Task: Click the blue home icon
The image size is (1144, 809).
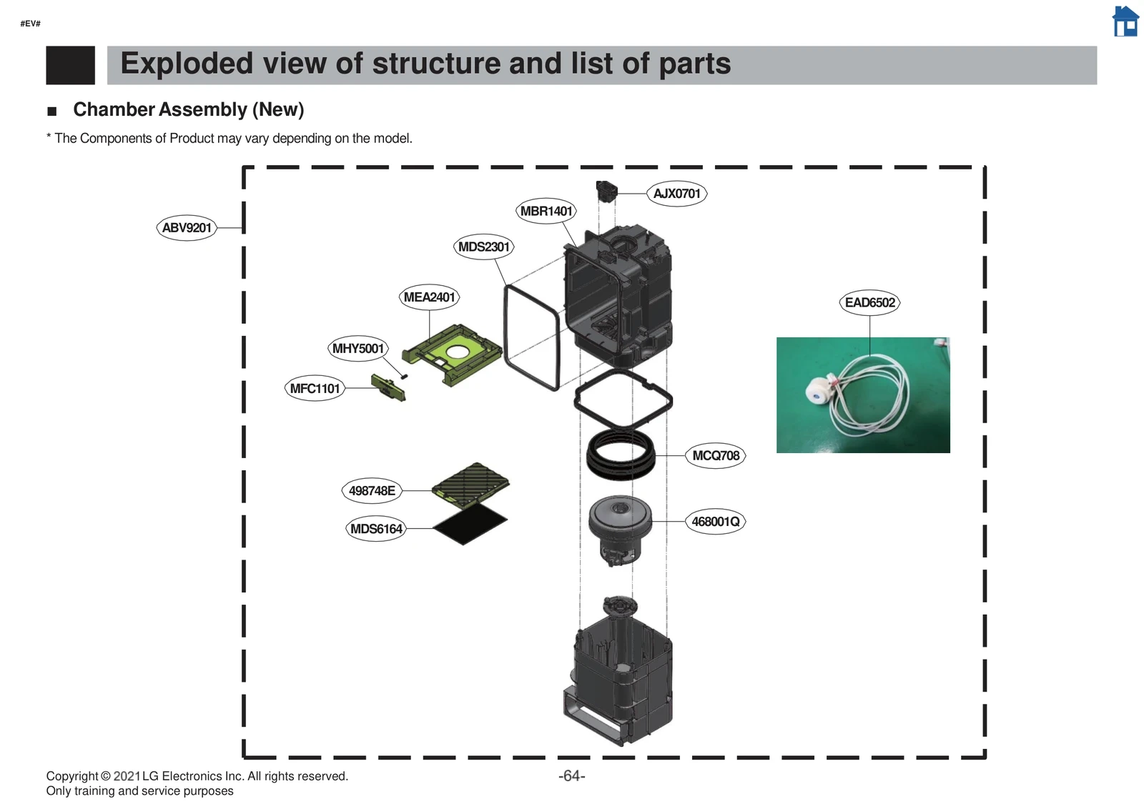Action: pos(1125,21)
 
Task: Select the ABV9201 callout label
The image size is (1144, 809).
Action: pos(187,228)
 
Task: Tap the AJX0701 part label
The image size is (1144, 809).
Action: pos(676,194)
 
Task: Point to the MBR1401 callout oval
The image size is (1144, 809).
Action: pos(546,211)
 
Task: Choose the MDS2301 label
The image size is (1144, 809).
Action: pos(484,247)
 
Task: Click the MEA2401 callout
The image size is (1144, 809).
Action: pos(429,297)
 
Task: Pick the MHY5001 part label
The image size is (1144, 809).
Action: pos(358,349)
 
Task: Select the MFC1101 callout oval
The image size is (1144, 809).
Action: pos(315,389)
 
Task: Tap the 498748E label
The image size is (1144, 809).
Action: pos(372,491)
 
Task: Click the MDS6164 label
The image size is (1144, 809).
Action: pos(376,529)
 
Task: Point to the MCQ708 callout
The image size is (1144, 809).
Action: pos(716,456)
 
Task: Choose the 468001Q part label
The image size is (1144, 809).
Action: pos(715,522)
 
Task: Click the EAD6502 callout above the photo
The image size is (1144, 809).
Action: pos(869,303)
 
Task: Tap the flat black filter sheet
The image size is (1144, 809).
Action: pos(470,527)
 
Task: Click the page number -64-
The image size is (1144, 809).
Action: pos(571,776)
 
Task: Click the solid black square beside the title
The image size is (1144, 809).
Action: pos(70,65)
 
